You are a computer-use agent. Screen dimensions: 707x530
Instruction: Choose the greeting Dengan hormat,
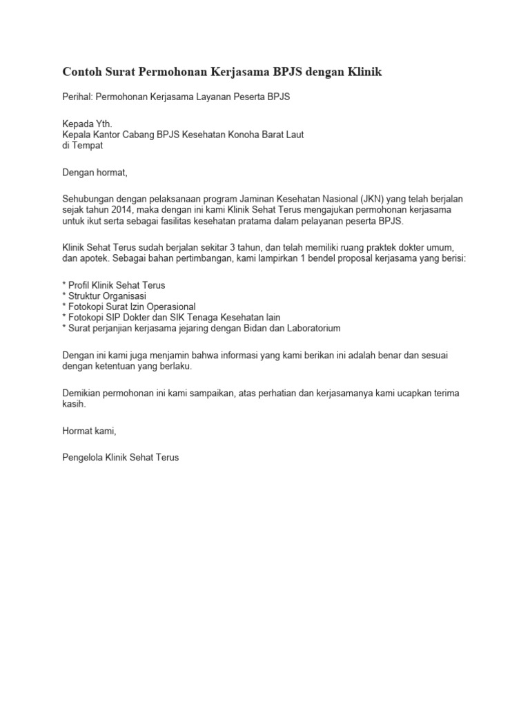(95, 172)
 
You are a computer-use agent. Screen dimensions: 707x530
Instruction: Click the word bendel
(319, 258)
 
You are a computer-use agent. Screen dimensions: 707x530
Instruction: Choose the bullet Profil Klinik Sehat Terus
(116, 284)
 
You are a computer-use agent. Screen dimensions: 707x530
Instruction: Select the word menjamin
(174, 355)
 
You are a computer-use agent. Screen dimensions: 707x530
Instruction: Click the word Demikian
(83, 393)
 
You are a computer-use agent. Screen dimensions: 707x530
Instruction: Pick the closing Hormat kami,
(90, 431)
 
